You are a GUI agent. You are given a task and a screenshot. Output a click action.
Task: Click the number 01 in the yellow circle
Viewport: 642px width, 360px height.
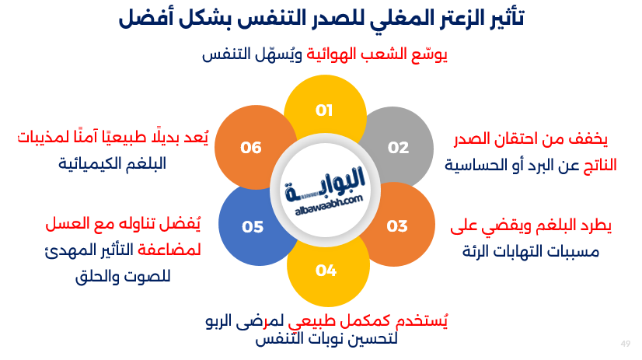click(x=324, y=110)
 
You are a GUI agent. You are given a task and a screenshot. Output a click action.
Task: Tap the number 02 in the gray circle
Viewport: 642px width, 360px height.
click(x=398, y=148)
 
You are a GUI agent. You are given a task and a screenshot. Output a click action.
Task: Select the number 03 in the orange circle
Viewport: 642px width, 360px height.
click(x=397, y=226)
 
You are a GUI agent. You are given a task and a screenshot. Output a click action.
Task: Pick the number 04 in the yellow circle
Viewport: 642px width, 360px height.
click(x=326, y=271)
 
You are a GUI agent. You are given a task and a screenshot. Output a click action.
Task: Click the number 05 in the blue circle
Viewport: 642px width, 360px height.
click(x=253, y=227)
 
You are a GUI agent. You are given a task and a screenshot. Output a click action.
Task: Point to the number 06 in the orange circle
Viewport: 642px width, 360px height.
click(x=251, y=147)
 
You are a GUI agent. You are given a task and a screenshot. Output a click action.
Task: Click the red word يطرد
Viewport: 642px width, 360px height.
click(x=595, y=227)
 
